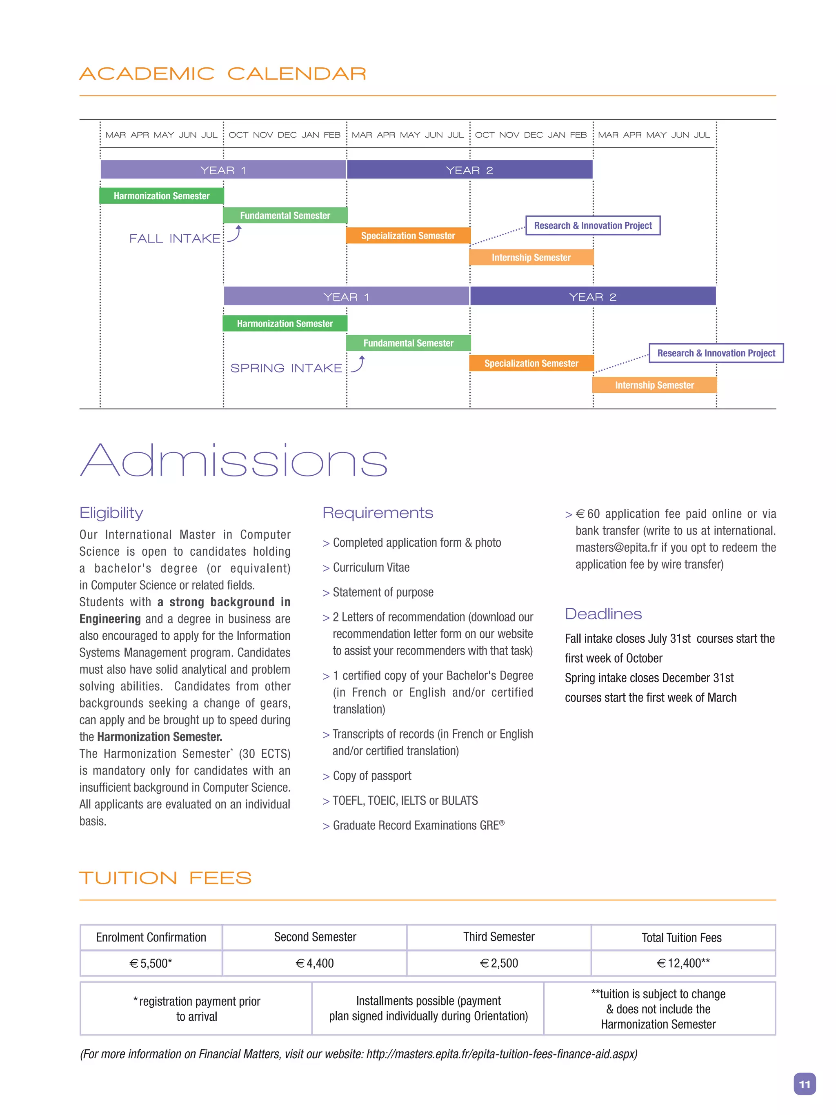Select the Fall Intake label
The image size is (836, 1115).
(x=174, y=238)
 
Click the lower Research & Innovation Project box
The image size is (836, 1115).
(x=716, y=353)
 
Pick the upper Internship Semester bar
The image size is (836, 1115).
(x=531, y=257)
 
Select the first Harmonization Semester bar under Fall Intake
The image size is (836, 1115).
(x=161, y=196)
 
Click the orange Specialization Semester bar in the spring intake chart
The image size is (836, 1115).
(x=531, y=363)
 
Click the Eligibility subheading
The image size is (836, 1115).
(x=111, y=513)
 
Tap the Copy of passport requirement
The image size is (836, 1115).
(x=371, y=776)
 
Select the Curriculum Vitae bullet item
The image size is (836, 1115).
(x=371, y=568)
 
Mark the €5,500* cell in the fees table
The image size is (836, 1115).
(x=151, y=963)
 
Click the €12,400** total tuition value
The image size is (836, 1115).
(x=683, y=963)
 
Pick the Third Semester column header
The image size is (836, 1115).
(x=498, y=937)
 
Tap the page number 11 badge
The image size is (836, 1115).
(x=804, y=1084)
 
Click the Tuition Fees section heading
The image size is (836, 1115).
(x=165, y=878)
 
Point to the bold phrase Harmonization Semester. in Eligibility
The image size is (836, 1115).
(x=159, y=737)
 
